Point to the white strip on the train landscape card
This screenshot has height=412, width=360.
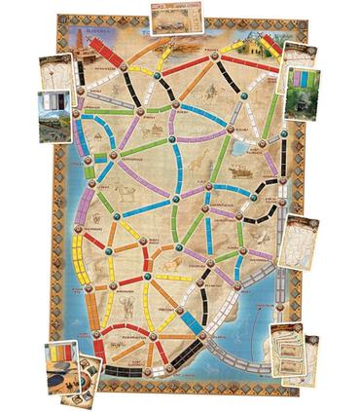click(x=47, y=101)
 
